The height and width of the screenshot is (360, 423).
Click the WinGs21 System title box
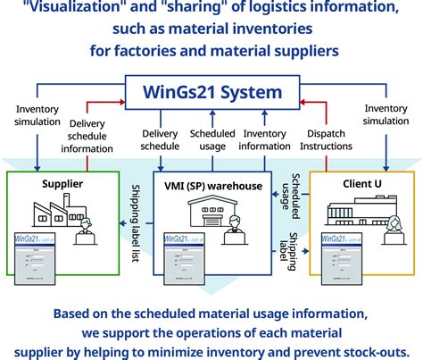[x=211, y=92]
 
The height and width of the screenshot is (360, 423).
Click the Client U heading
[x=355, y=183]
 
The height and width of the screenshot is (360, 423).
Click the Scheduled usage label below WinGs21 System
[x=211, y=141]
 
